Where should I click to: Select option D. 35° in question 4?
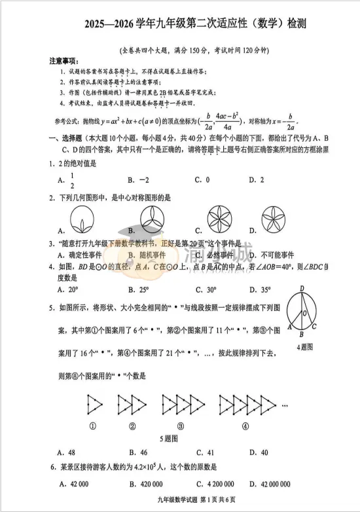point(260,289)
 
